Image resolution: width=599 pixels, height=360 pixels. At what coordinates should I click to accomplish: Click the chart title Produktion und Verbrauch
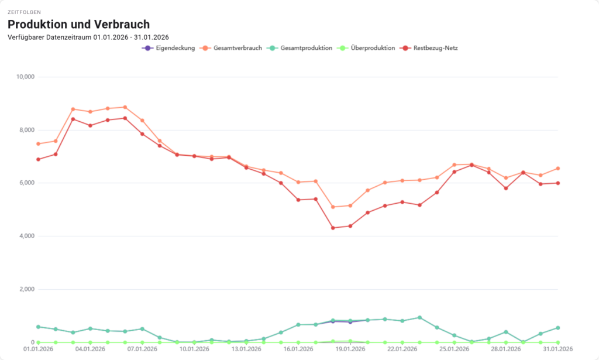[x=78, y=24]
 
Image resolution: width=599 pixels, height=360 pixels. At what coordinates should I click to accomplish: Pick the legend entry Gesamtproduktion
[x=302, y=48]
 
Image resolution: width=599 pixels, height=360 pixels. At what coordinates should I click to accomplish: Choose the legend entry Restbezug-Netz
[x=433, y=48]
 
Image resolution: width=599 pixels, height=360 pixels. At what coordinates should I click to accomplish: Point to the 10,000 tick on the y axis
[x=25, y=77]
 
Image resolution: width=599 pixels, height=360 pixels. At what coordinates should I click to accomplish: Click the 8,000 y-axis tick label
[x=27, y=130]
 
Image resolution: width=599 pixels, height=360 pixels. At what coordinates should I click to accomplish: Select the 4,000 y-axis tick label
[x=27, y=236]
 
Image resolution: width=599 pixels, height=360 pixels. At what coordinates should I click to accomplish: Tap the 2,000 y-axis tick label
[x=27, y=289]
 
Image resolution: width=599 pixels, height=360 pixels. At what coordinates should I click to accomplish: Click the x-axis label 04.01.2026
[x=90, y=349]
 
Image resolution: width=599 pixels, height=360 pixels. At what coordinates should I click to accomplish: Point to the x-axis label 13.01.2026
[x=246, y=349]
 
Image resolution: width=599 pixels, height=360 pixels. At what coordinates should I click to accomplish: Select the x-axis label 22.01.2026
[x=402, y=349]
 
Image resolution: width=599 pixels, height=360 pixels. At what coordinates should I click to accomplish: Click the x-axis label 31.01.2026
[x=557, y=349]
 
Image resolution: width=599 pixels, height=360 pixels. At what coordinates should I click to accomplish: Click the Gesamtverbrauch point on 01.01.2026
[x=38, y=143]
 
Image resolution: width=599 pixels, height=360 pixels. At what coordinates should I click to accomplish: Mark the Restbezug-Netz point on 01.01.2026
[x=38, y=159]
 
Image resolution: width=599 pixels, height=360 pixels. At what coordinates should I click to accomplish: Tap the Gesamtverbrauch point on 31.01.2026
[x=558, y=168]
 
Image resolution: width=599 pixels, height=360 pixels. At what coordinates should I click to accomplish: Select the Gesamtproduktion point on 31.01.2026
[x=558, y=328]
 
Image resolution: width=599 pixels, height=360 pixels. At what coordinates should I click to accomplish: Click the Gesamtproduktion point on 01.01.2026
[x=38, y=327]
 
